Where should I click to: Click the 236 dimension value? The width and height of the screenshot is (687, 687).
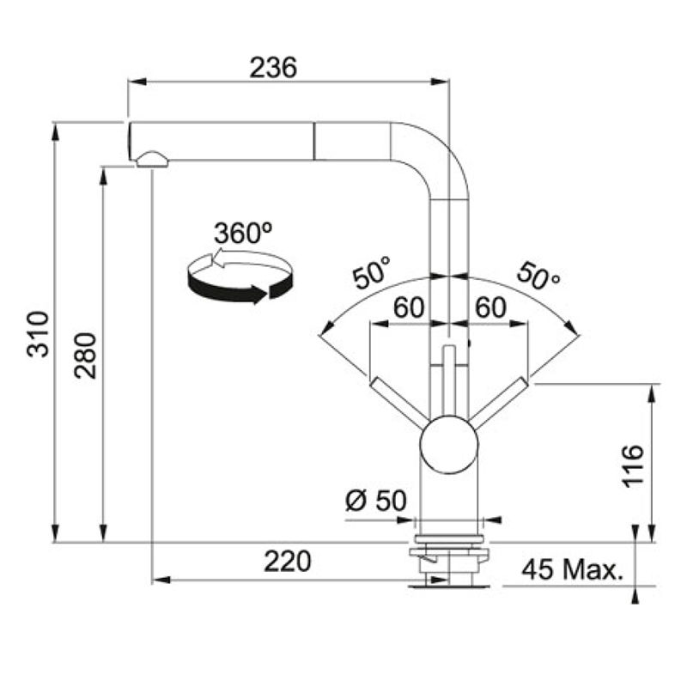(x=273, y=68)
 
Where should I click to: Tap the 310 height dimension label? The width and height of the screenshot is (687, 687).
(x=38, y=334)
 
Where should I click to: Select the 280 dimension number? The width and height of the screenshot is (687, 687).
(x=85, y=356)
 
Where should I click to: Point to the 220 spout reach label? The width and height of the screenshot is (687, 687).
(x=288, y=562)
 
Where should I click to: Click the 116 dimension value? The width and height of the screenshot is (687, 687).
(x=633, y=465)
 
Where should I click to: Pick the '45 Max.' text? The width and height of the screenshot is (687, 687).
(x=573, y=569)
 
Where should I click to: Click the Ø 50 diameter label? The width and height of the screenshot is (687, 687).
(x=376, y=501)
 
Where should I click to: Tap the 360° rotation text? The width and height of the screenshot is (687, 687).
(x=243, y=233)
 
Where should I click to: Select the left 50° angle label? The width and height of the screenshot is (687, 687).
(x=372, y=273)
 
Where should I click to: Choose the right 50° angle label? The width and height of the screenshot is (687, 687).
(x=538, y=276)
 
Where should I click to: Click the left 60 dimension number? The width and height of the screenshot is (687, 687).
(x=409, y=307)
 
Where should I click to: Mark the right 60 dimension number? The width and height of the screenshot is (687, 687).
(x=490, y=307)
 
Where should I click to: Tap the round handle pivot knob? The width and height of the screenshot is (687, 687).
(x=449, y=445)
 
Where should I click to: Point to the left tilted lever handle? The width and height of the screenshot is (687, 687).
(x=399, y=403)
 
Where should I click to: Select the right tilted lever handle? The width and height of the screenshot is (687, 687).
(x=498, y=403)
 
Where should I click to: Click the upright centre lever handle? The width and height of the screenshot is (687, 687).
(x=449, y=380)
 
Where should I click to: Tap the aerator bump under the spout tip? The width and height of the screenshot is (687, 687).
(x=152, y=160)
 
